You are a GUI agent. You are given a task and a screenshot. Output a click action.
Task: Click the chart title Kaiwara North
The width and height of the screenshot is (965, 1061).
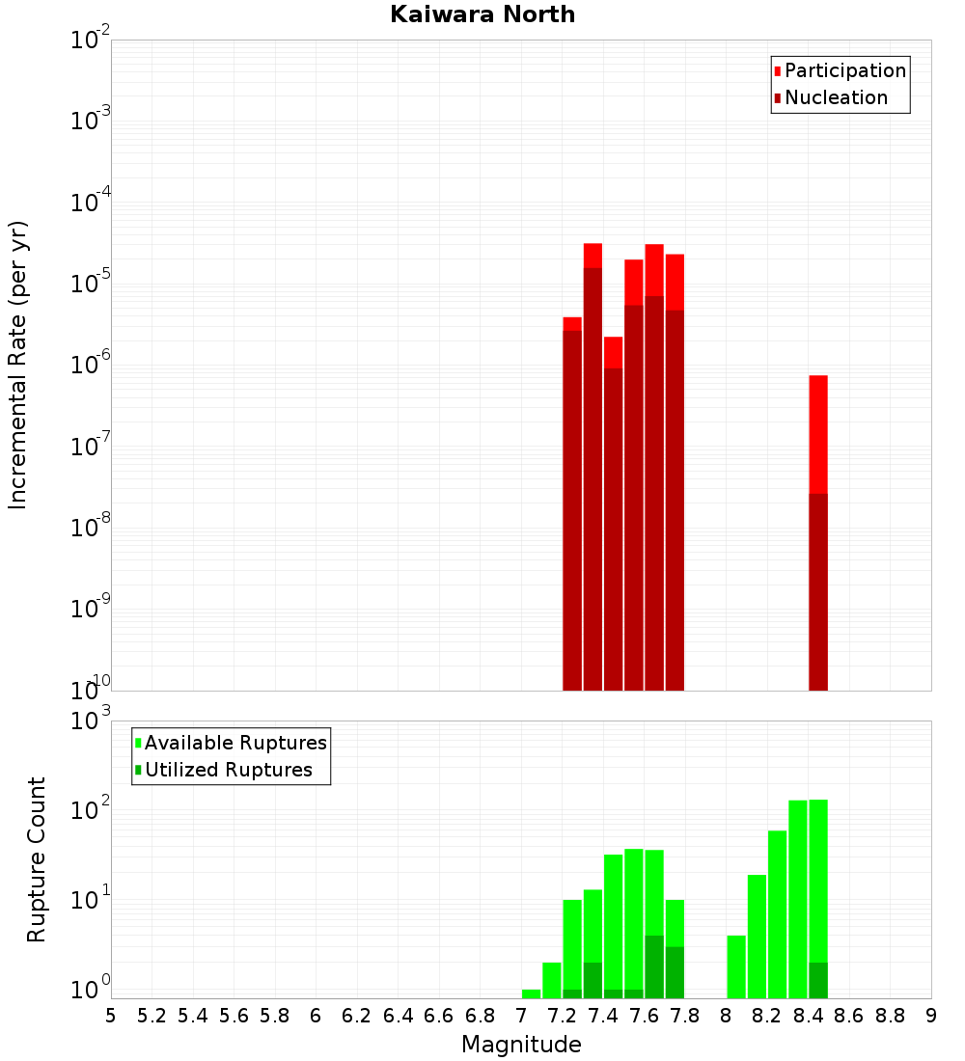point(482,15)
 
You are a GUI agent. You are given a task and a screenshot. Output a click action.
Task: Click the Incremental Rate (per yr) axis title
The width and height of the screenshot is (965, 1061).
point(18,365)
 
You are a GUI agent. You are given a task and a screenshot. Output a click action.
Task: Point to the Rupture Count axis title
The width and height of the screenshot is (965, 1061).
point(37,859)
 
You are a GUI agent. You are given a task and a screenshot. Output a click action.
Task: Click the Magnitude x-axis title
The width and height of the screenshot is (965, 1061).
point(521,1045)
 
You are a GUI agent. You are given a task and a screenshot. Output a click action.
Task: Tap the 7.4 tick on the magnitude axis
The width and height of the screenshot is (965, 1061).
point(603,1016)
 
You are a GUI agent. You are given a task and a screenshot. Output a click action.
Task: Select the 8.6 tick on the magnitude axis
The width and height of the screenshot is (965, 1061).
point(849,1016)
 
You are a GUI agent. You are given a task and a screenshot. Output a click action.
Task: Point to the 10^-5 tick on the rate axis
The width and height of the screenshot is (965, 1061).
point(91,284)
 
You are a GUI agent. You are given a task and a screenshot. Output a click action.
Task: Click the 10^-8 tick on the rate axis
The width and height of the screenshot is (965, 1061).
point(91,528)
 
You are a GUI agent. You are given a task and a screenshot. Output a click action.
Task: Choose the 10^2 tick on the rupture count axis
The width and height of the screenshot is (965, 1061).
point(91,810)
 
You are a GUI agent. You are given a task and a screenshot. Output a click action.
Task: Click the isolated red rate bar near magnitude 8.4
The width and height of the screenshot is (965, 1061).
point(818,434)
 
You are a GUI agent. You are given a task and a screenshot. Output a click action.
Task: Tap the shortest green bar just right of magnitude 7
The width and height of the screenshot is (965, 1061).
point(531,993)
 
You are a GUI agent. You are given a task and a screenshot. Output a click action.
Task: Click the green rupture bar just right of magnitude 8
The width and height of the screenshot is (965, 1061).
point(736,966)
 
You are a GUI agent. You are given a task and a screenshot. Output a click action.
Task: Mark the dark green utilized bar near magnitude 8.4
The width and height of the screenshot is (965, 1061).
point(818,980)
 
